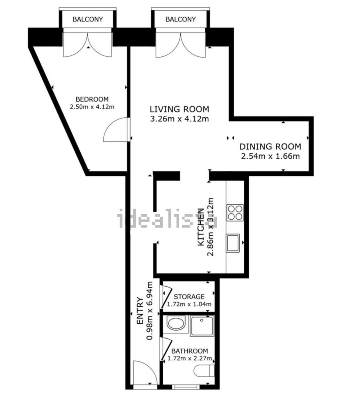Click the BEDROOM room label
click(92, 99)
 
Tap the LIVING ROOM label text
click(179, 109)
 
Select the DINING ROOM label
click(270, 146)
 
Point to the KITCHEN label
click(200, 227)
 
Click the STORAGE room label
click(189, 297)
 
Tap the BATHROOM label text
click(190, 351)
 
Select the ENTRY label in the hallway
click(140, 311)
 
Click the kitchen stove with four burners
click(235, 212)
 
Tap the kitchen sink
click(233, 243)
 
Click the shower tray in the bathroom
click(202, 326)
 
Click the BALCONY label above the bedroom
click(88, 19)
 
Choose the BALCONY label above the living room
click(180, 19)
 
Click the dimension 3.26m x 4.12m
click(179, 119)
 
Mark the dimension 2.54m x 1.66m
click(270, 156)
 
